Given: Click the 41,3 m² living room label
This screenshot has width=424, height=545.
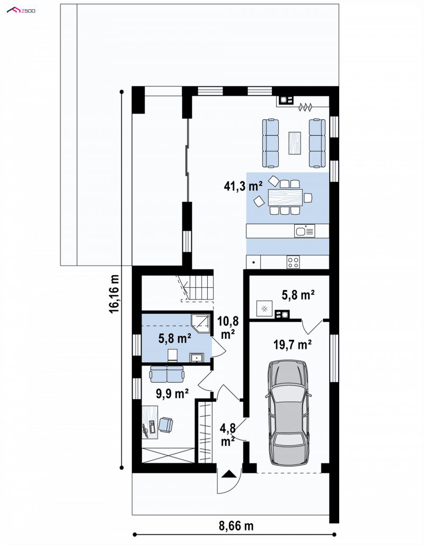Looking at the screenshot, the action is tap(243, 186).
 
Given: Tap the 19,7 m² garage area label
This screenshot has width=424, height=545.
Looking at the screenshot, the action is tap(292, 345).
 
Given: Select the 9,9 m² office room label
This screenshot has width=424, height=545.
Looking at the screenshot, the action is tap(172, 394).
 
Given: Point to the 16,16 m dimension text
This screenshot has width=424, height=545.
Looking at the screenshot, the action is tap(114, 294).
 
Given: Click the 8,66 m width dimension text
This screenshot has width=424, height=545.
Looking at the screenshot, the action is tap(236, 526).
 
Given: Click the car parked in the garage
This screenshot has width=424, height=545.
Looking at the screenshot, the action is tap(288, 412).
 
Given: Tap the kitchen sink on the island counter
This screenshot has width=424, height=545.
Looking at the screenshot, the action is tap(304, 231).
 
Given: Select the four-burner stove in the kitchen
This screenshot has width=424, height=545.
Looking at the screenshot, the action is tap(293, 262).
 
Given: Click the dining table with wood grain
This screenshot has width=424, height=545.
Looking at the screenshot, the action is tap(285, 197).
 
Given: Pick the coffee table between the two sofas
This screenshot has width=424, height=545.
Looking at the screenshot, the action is tap(295, 143).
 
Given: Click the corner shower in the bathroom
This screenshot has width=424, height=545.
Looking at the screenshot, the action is tap(201, 323).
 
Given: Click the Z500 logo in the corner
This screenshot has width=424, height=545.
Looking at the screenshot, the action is tap(21, 11).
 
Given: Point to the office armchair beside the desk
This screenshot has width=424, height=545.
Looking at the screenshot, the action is tap(166, 425).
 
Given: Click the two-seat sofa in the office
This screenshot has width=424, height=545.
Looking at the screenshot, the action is tap(167, 374).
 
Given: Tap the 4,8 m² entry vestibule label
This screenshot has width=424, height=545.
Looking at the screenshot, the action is tap(228, 435).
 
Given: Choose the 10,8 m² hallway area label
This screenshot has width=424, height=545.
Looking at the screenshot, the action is tap(228, 328).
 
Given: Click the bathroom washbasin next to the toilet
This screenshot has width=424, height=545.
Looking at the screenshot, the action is tap(197, 358).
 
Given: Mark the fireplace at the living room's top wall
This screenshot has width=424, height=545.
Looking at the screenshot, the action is tap(285, 100).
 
